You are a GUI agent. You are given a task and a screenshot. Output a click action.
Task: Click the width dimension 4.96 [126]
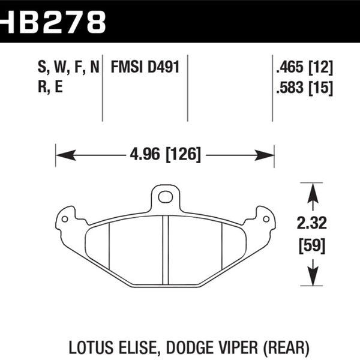click(x=164, y=154)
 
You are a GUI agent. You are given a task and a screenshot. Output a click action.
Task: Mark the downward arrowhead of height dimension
click(x=311, y=277)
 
